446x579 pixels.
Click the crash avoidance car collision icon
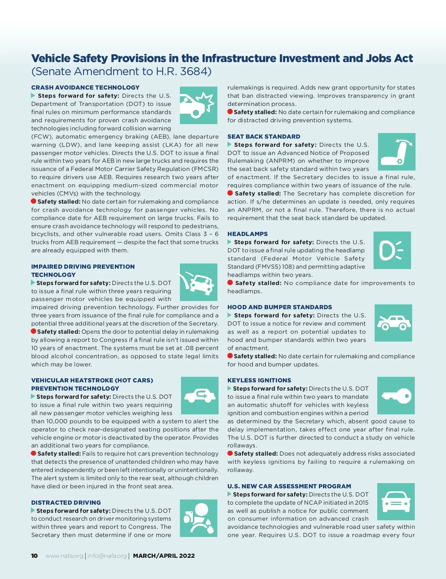coord(198,105)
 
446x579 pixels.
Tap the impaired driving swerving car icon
coord(198,282)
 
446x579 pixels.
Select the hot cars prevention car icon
coord(200,395)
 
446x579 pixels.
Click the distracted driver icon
coord(198,518)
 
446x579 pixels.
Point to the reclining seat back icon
coord(397,152)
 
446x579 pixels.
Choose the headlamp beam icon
coord(392,250)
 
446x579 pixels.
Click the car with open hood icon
coord(393,323)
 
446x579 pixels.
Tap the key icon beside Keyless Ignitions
coord(396,395)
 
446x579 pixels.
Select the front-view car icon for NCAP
coord(396,501)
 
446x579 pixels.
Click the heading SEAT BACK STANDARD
coord(264,137)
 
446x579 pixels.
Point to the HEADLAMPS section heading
coord(248,234)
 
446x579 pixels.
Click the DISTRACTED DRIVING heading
coord(66,503)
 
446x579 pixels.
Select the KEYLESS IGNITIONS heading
coord(259,381)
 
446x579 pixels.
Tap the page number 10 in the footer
coord(35,556)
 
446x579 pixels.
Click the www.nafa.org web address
coord(64,556)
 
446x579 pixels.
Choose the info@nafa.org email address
coord(107,556)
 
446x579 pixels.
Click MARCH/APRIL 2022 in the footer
coord(164,556)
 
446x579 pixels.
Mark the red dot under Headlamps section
coord(230,283)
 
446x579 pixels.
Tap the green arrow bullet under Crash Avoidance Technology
coord(33,96)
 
